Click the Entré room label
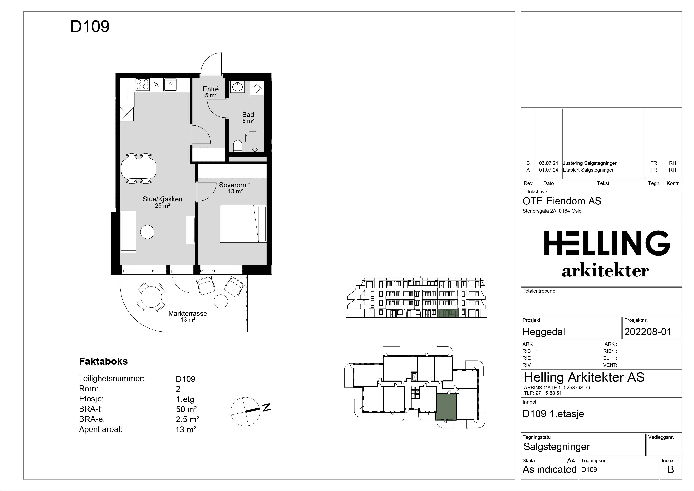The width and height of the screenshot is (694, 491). pos(211,89)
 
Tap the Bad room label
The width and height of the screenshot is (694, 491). pos(248,115)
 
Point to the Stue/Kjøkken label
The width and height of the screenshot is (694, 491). pos(162,199)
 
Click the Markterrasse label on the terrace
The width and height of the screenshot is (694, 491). pos(187,313)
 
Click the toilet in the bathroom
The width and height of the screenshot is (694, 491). pos(238,146)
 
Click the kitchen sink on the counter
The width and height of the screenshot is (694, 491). pos(171,84)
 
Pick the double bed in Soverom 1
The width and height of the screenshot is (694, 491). pos(243,224)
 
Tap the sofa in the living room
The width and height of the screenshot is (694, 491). pos(128,232)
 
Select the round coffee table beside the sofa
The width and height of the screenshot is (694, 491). pos(147,232)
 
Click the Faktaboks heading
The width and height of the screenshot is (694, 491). pos(103,361)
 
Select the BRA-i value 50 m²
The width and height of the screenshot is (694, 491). pos(187,409)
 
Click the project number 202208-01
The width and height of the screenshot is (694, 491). pos(648,332)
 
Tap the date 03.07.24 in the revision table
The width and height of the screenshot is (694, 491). pos(549,163)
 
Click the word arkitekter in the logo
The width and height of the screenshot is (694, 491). pos(605,271)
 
